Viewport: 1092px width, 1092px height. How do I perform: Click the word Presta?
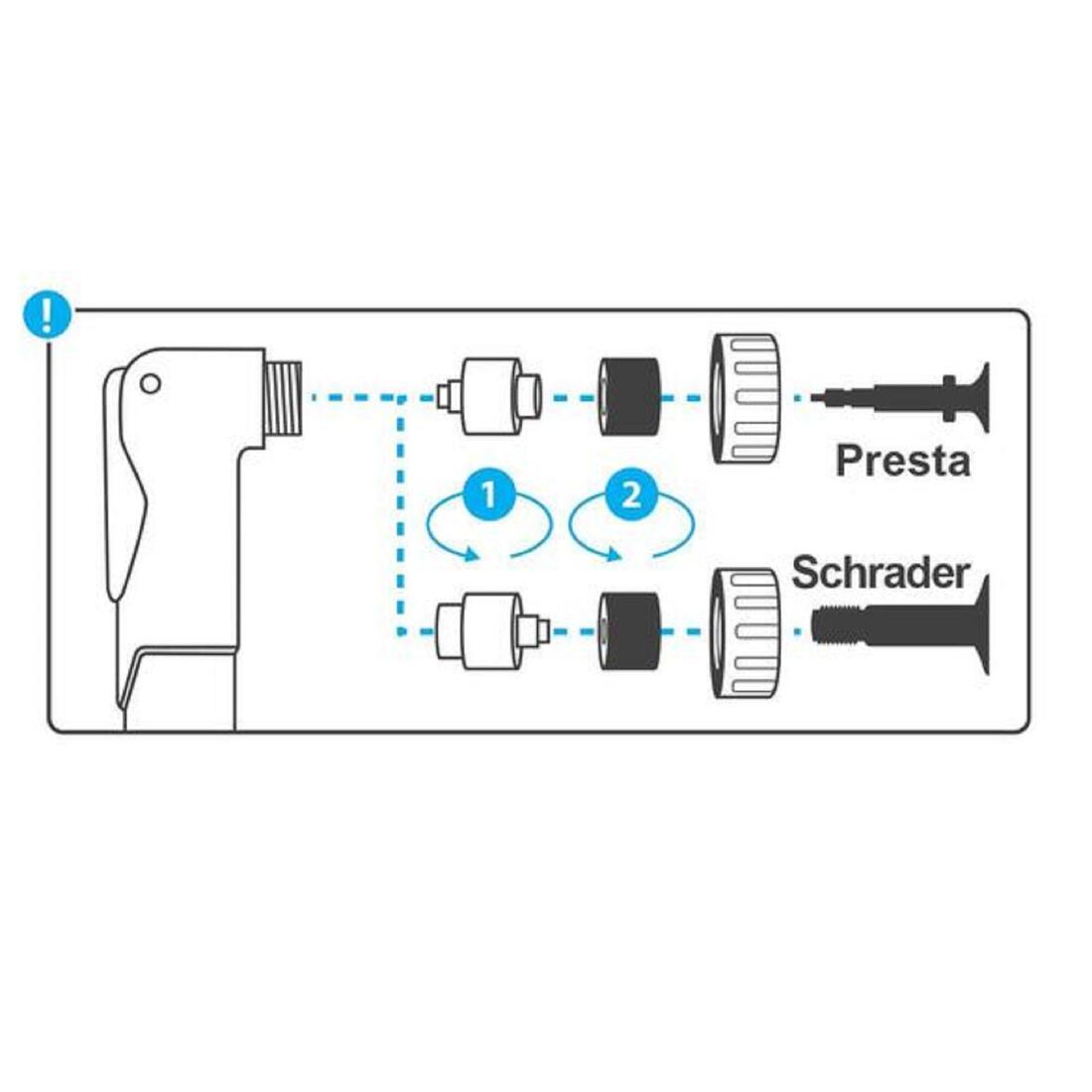tap(902, 461)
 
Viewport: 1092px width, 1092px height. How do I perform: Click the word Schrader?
tap(881, 574)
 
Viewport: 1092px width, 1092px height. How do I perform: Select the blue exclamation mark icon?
tap(47, 316)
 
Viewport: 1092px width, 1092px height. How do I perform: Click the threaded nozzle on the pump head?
tap(284, 398)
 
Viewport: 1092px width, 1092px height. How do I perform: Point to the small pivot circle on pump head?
tap(151, 384)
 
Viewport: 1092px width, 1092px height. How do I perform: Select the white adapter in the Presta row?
tap(489, 396)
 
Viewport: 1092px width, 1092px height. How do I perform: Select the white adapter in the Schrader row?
tap(492, 631)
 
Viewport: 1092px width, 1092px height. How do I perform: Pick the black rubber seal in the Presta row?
tap(629, 397)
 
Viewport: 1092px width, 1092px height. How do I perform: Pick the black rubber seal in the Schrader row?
tap(629, 631)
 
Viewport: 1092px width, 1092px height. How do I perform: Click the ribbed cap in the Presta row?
tap(745, 398)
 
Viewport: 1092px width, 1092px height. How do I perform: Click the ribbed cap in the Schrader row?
tap(745, 633)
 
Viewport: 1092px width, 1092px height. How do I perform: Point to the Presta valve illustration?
tap(900, 398)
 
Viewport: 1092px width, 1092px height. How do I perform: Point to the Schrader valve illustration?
tap(900, 625)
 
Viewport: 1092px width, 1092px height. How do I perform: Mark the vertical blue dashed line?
tap(400, 515)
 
